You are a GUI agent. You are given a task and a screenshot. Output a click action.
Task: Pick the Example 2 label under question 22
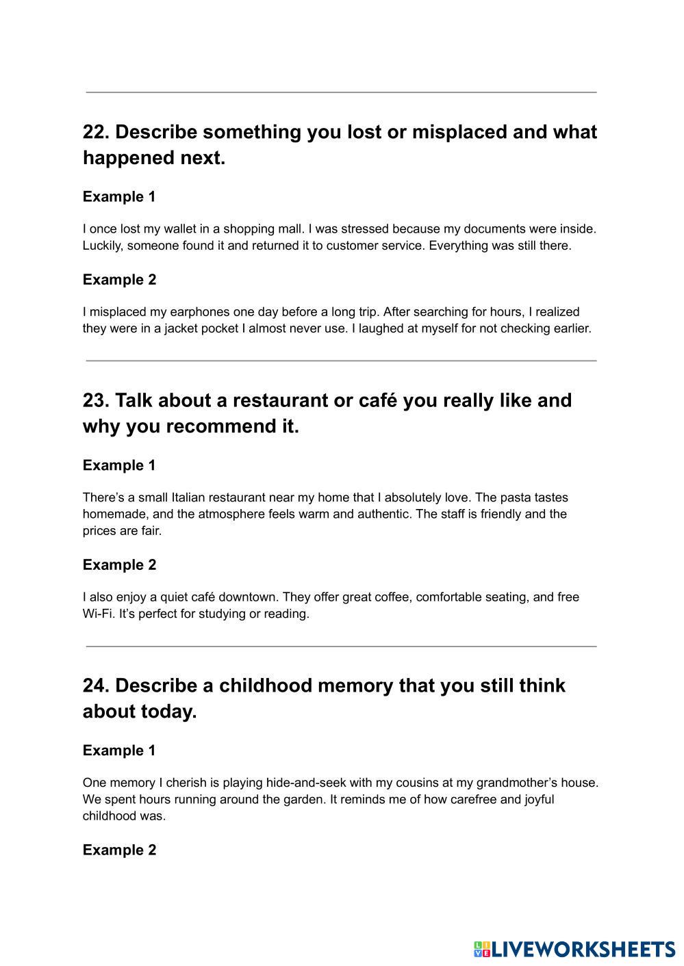tap(119, 280)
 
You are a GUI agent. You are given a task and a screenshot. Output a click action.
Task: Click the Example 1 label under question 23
tap(119, 465)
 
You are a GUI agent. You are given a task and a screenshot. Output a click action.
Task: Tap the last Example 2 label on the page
tap(119, 850)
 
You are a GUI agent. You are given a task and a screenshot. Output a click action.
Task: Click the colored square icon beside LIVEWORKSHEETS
tap(482, 949)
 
